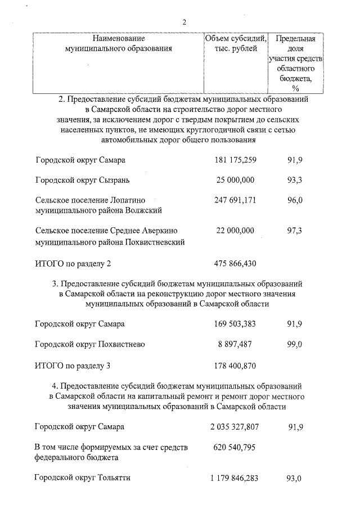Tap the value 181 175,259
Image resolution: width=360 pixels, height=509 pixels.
(235, 160)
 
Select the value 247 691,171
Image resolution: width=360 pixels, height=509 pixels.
(235, 200)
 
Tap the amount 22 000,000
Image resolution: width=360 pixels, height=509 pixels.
(235, 231)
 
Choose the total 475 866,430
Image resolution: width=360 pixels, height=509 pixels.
(235, 263)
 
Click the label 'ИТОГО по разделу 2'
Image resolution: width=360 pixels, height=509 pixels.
(73, 263)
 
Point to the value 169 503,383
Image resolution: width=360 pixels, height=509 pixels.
(235, 324)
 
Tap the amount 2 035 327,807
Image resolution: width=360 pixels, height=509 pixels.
(235, 427)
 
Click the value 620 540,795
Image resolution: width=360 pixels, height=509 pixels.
(235, 447)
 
